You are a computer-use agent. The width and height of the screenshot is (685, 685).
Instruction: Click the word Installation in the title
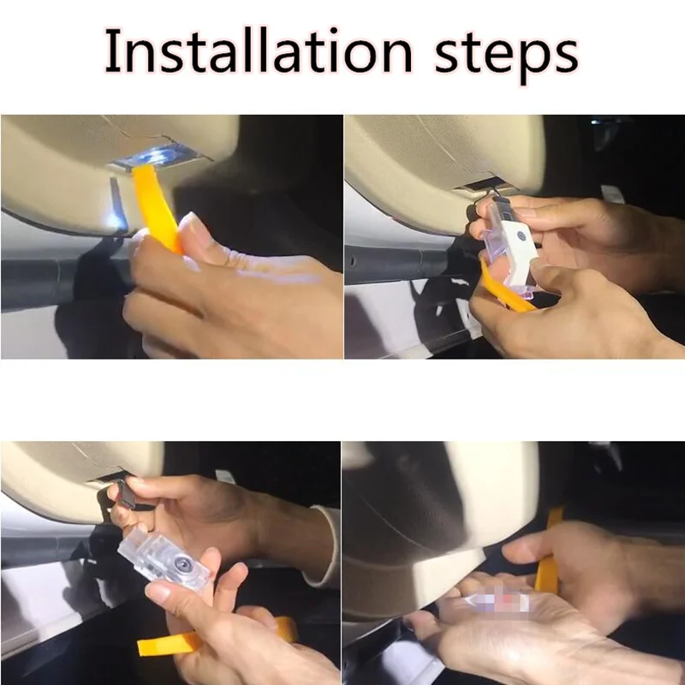click(259, 51)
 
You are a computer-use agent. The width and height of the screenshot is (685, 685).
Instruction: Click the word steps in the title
click(506, 56)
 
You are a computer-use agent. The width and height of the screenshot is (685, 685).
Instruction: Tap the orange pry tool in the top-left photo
click(158, 207)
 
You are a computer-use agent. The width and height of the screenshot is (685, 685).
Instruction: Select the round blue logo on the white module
click(521, 236)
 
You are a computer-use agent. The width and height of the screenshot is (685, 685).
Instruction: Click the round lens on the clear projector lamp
click(182, 564)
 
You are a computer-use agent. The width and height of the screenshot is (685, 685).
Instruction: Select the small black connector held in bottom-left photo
click(127, 494)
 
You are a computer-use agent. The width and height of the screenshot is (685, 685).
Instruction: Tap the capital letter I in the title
click(112, 51)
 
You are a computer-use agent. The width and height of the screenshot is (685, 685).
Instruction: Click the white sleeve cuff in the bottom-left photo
click(325, 546)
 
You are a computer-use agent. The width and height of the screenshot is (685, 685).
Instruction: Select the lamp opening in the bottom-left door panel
click(107, 476)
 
